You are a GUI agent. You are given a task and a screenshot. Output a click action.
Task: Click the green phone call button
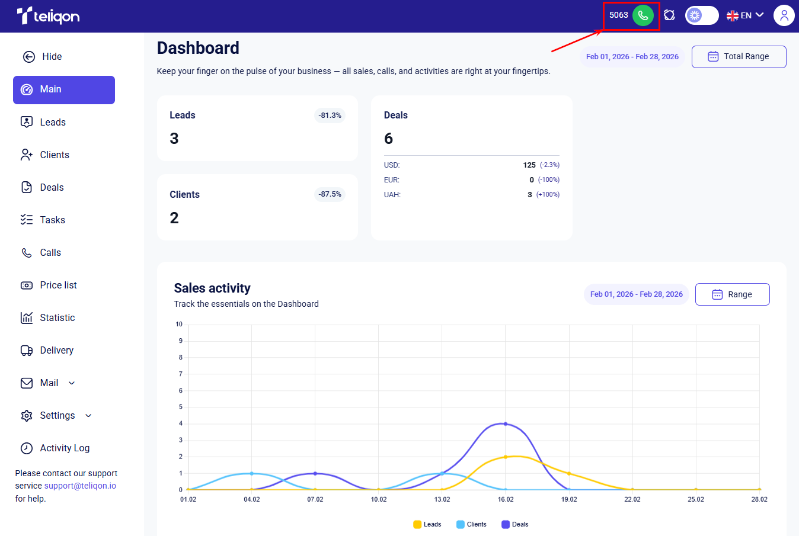pyautogui.click(x=643, y=15)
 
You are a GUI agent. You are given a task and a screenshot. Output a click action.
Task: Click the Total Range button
pyautogui.click(x=739, y=57)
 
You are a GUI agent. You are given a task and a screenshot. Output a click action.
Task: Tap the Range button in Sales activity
pyautogui.click(x=732, y=294)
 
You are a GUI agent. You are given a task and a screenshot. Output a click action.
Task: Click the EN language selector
pyautogui.click(x=745, y=15)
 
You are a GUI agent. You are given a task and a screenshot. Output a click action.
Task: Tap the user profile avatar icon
pyautogui.click(x=784, y=15)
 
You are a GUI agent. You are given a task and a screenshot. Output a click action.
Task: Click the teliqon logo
pyautogui.click(x=48, y=15)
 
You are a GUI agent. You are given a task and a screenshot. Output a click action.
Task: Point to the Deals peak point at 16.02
pyautogui.click(x=506, y=423)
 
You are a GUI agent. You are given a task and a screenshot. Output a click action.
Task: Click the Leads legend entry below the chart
pyautogui.click(x=427, y=524)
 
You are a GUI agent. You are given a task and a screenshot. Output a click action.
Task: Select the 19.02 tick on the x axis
pyautogui.click(x=569, y=499)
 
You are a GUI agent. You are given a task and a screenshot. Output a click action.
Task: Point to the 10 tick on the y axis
pyautogui.click(x=178, y=324)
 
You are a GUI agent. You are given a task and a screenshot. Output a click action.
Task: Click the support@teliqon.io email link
pyautogui.click(x=80, y=486)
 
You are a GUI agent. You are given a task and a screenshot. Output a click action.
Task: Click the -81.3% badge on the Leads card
pyautogui.click(x=330, y=115)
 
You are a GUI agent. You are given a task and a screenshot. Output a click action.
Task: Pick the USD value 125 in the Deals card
pyautogui.click(x=529, y=165)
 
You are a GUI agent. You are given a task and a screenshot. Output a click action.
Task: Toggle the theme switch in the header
pyautogui.click(x=702, y=15)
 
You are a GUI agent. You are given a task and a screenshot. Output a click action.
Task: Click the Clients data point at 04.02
pyautogui.click(x=251, y=473)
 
